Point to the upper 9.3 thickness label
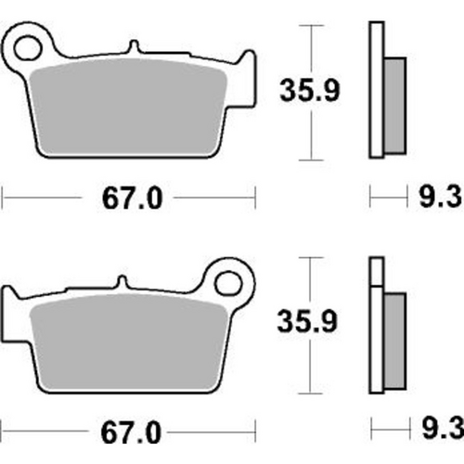click(432, 198)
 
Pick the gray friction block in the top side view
click(393, 102)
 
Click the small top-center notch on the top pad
click(134, 46)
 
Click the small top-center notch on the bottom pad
click(122, 281)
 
